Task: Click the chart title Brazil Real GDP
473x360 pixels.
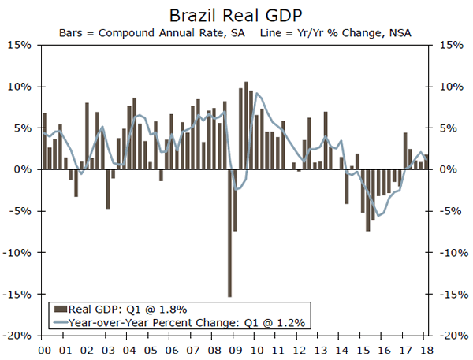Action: (236, 15)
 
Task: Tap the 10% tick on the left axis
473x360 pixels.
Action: (20, 86)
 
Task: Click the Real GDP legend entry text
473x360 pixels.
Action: (128, 309)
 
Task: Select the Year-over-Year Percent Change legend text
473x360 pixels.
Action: (188, 322)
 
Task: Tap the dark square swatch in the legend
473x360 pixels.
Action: (60, 309)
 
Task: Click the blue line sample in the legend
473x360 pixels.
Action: (60, 322)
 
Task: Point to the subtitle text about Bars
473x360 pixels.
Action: (236, 32)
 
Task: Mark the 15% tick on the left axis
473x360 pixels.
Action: (20, 45)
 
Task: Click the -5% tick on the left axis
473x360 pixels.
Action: (20, 210)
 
